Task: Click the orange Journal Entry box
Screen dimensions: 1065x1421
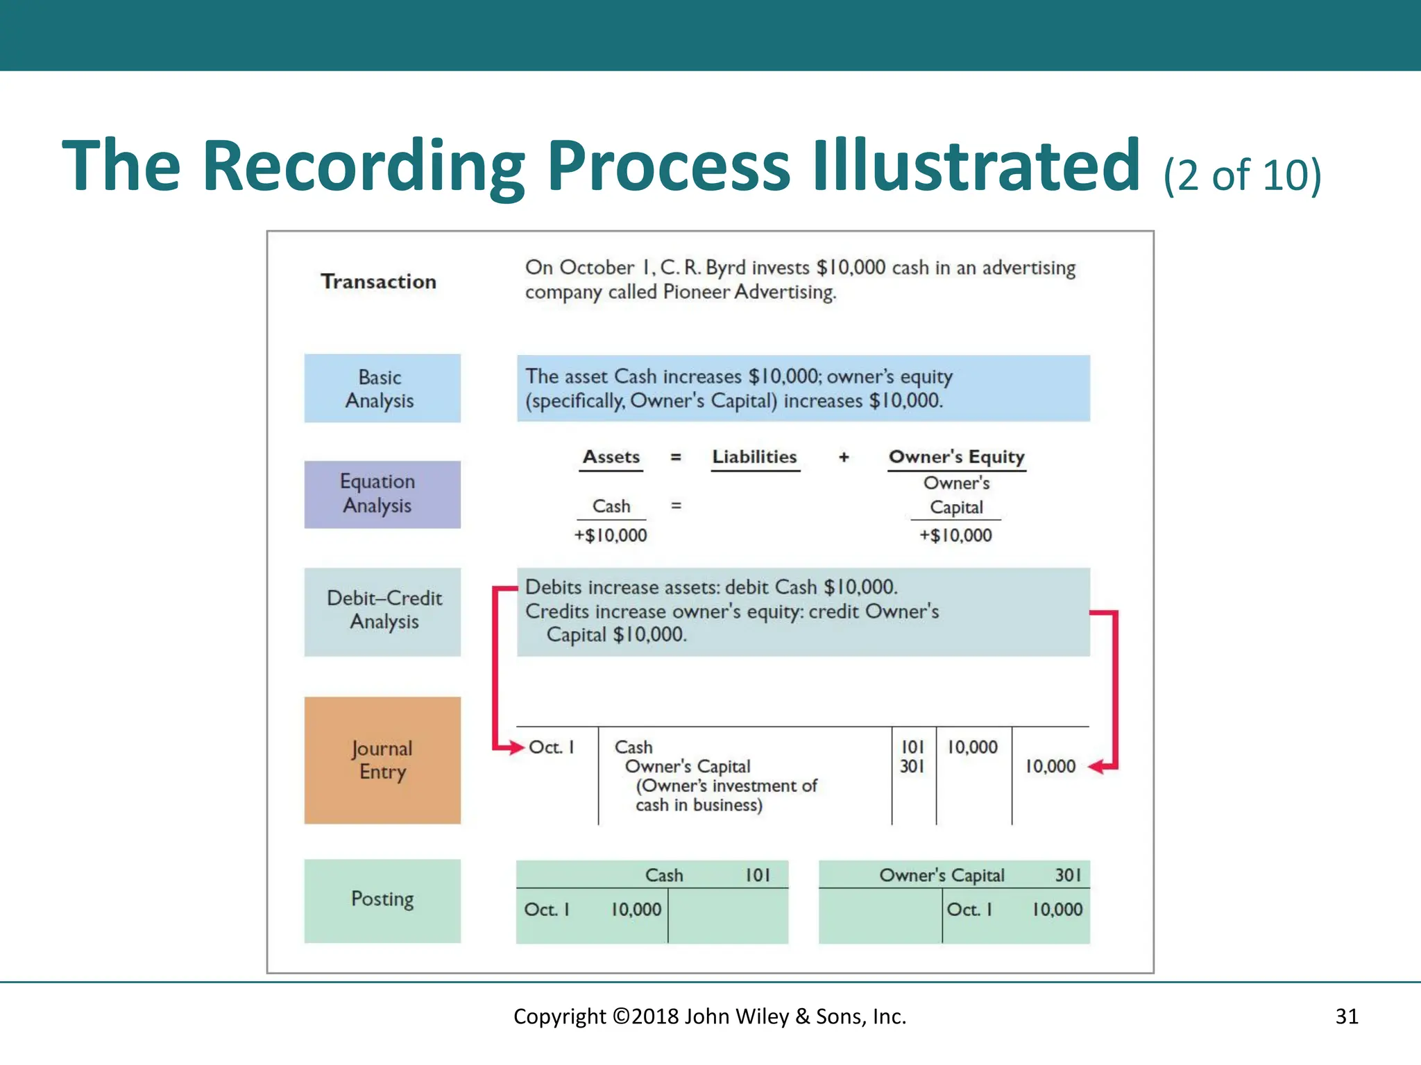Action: (382, 760)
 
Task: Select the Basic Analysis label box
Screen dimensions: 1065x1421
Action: (382, 388)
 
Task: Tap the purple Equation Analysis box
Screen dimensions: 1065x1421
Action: (382, 494)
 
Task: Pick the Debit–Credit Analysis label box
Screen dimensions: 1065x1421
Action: (382, 612)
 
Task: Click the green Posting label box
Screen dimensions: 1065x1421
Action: (382, 900)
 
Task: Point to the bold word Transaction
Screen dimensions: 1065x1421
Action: (379, 282)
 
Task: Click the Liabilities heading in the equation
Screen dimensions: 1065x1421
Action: (754, 457)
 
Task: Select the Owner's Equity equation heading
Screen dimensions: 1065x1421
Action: (956, 457)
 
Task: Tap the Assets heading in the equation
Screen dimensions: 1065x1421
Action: (611, 457)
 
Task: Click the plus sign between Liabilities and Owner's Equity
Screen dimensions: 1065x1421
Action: (844, 457)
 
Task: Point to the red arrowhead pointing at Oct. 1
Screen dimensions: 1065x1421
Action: (516, 747)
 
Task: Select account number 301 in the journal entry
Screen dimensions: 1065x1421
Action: (912, 767)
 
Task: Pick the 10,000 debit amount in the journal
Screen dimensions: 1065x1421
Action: (972, 747)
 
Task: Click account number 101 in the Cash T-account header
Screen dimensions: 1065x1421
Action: (758, 876)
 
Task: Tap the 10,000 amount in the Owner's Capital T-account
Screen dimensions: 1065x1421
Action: (1057, 910)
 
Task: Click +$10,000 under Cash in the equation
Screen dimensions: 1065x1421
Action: (611, 535)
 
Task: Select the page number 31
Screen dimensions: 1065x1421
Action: (1347, 1016)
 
